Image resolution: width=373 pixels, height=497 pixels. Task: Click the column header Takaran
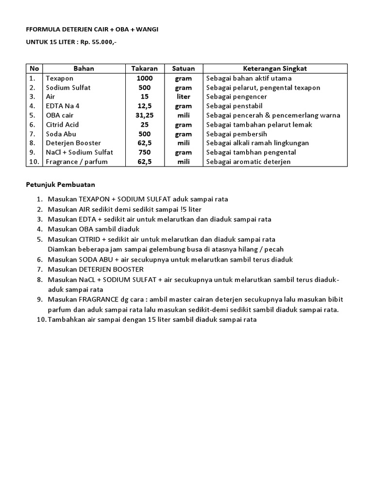145,68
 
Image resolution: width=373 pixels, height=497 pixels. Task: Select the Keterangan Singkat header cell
275,68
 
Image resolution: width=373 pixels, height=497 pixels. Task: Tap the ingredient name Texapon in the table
59,78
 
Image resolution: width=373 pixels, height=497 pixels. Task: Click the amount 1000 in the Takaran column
144,78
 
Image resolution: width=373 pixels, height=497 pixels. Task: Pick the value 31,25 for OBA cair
144,116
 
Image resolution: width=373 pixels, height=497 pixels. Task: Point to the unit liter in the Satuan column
183,97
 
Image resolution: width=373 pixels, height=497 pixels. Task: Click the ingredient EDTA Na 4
62,106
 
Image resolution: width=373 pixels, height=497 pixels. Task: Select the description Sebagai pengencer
237,97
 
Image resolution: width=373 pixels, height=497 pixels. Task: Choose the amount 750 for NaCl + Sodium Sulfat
144,152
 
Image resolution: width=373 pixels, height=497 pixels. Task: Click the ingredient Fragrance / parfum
77,162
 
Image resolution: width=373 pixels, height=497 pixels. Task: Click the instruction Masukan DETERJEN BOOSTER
96,269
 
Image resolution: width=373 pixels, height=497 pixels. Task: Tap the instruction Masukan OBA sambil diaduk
93,229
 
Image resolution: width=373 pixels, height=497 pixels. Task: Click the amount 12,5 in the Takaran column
144,106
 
